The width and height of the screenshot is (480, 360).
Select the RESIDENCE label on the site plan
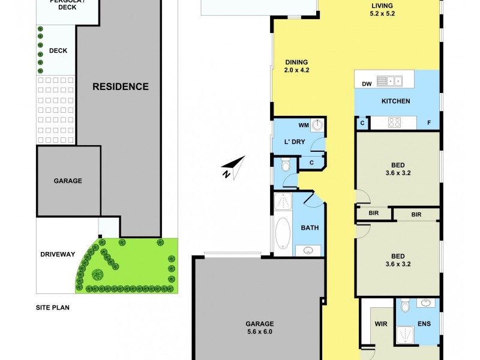(x=120, y=86)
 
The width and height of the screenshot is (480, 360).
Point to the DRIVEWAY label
(x=58, y=254)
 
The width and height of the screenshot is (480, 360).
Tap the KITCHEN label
(x=396, y=101)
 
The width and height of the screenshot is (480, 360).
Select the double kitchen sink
(x=394, y=80)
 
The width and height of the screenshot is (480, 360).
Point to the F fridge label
(x=429, y=123)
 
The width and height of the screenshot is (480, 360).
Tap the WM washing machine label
(x=303, y=125)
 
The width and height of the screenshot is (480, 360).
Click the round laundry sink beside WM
(x=317, y=125)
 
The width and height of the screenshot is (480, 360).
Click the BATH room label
(x=310, y=228)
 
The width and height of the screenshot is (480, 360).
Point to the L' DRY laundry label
(x=295, y=142)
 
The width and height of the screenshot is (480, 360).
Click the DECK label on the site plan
(x=58, y=51)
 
